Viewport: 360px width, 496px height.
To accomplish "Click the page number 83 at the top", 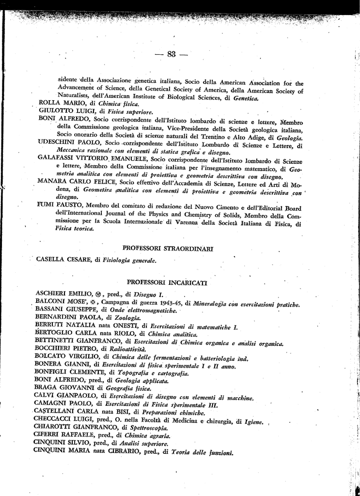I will tap(171, 54).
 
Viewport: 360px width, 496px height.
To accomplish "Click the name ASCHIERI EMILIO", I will tap(63, 294).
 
